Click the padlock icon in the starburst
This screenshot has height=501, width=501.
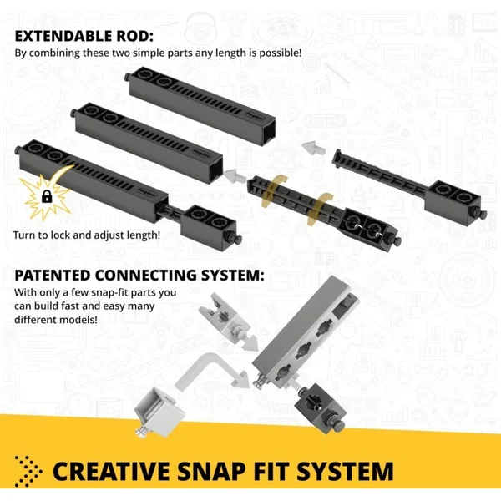point(47,196)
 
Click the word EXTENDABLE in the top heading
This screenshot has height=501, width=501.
point(63,36)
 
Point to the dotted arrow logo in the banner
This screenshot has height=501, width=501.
point(28,471)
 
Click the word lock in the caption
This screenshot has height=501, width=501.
point(61,235)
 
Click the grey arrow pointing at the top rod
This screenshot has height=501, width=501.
point(313,148)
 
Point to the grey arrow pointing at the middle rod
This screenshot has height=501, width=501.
point(235,176)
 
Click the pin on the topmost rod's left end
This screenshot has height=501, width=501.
point(127,78)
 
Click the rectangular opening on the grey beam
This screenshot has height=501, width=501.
point(342,307)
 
